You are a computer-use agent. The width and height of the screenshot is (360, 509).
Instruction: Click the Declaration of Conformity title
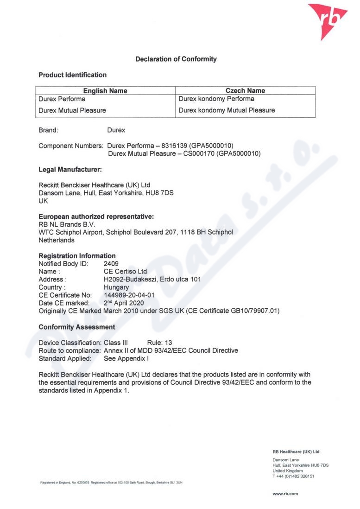(176, 59)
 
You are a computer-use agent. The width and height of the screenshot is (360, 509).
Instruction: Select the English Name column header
(105, 91)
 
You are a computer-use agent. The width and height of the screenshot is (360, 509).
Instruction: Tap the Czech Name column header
(245, 91)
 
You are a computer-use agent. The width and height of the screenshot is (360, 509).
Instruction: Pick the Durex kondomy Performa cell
(216, 99)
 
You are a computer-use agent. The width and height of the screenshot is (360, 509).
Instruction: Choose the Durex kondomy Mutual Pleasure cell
(227, 110)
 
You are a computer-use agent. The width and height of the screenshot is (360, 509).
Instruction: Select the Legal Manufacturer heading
(70, 170)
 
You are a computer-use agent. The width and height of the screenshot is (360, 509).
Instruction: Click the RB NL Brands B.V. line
(67, 224)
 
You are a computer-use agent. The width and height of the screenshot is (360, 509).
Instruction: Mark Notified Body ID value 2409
(111, 264)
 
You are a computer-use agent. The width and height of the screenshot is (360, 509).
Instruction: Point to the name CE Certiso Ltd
(125, 272)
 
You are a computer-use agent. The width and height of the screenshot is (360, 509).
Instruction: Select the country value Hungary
(116, 287)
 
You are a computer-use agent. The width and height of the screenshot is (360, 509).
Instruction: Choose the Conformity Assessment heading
(77, 327)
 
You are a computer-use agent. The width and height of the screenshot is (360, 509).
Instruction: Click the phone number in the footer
(294, 476)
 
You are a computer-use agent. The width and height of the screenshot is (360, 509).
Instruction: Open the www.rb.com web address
(285, 494)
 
